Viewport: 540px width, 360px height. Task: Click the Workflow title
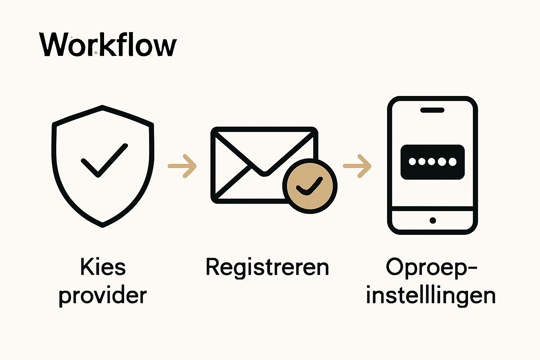pos(108,45)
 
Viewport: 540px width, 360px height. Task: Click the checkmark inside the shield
pos(104,160)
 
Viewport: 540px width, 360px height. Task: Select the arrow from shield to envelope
pos(182,166)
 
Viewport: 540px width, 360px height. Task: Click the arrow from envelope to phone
pos(357,166)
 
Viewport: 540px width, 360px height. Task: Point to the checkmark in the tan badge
pos(309,186)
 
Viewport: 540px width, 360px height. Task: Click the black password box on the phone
pos(432,162)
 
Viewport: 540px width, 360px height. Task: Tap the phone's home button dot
pos(433,220)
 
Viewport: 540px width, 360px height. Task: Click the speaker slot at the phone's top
pos(432,110)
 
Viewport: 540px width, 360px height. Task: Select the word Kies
pos(103,267)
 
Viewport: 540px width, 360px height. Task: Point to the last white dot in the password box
pos(452,162)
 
